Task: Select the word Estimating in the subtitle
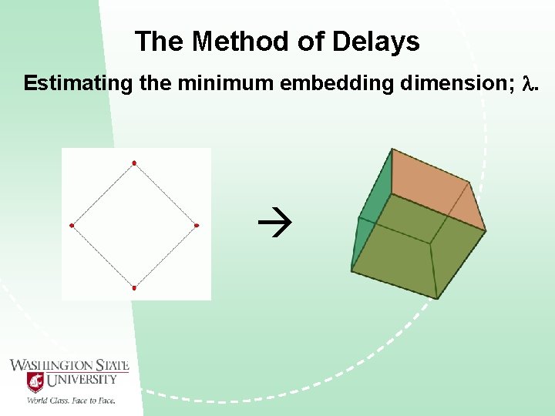pyautogui.click(x=78, y=83)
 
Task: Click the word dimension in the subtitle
pyautogui.click(x=452, y=83)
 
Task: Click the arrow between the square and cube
pyautogui.click(x=271, y=225)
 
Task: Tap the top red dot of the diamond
pyautogui.click(x=134, y=163)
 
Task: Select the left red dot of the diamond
pyautogui.click(x=72, y=225)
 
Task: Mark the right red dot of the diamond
pyautogui.click(x=197, y=225)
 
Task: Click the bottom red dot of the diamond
pyautogui.click(x=134, y=288)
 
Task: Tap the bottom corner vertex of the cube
pyautogui.click(x=437, y=298)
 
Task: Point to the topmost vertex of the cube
pyautogui.click(x=392, y=149)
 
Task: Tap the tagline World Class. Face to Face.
pyautogui.click(x=71, y=400)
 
